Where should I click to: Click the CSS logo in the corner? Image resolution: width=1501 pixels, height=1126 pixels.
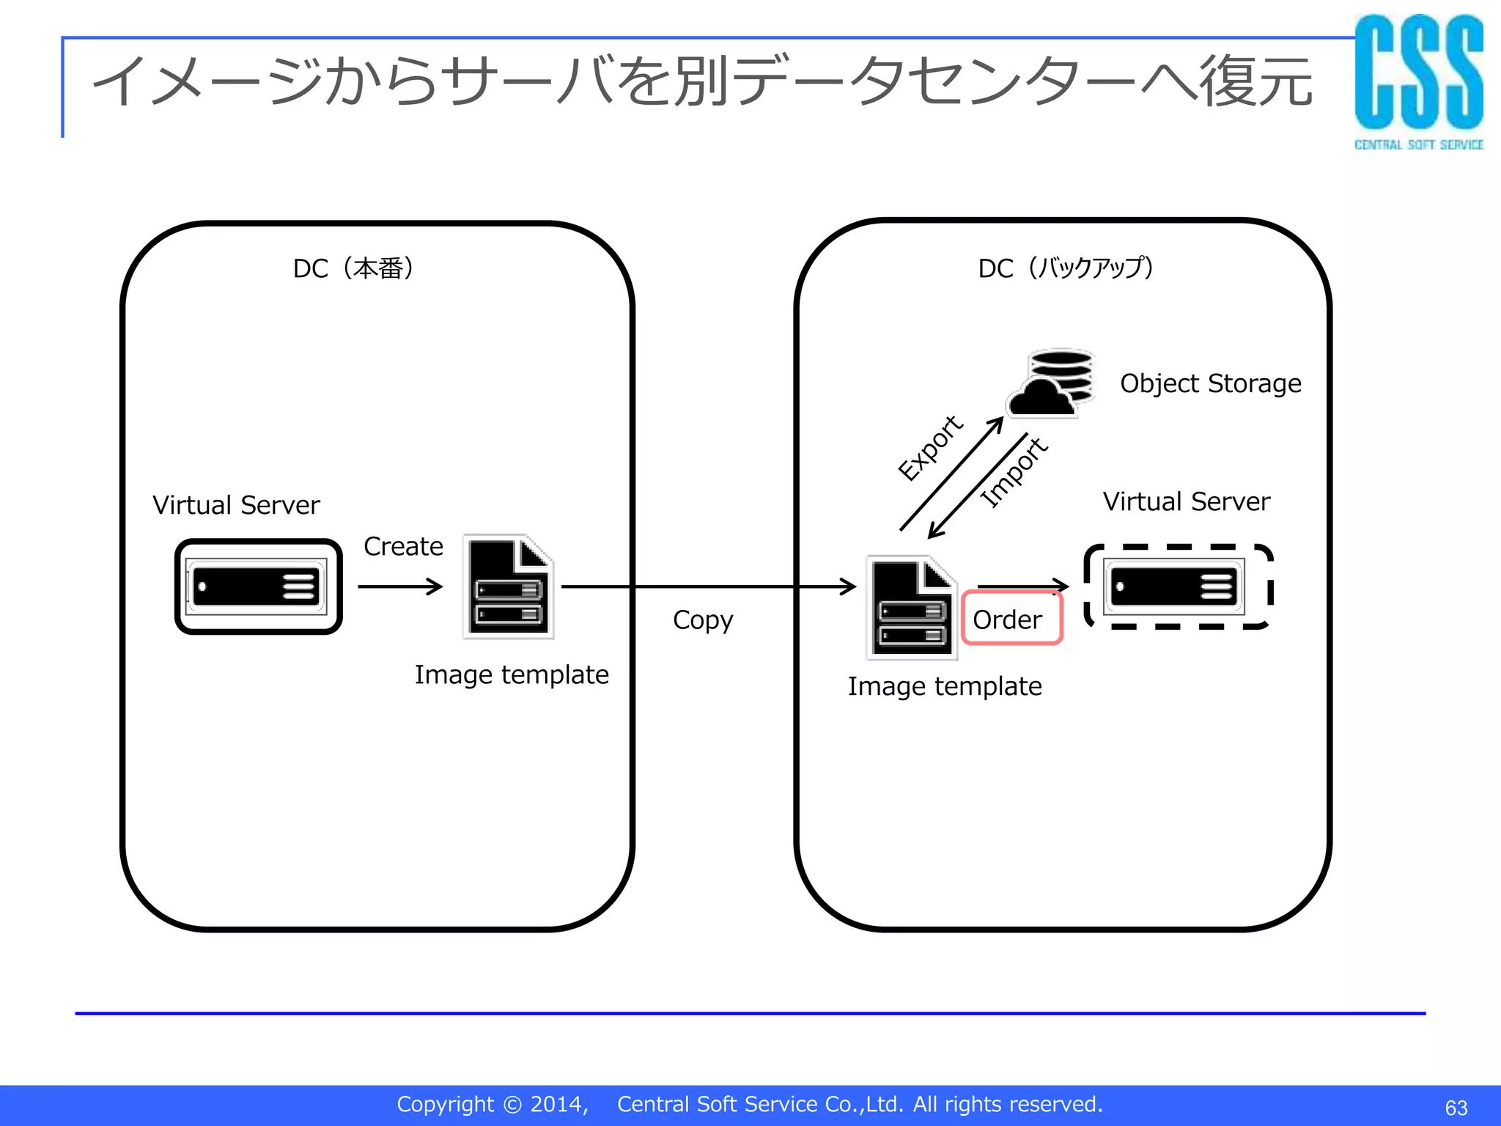coord(1418,81)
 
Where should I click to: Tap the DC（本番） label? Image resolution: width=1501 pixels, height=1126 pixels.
coord(353,268)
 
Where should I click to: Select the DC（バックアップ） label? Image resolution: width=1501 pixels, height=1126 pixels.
coord(1066,268)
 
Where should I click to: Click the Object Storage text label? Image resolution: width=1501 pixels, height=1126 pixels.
coord(1210,383)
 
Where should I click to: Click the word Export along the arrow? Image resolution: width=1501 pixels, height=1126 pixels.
coord(930,448)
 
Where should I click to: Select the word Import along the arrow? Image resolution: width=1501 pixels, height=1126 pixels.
coord(1014,472)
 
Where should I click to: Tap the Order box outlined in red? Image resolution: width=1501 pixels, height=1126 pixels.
coord(1011,619)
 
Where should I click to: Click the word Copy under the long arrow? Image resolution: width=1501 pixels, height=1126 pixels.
coord(702,620)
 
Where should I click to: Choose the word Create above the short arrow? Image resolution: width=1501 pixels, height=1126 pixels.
coord(403,546)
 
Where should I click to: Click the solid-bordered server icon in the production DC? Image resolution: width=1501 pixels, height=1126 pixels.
coord(258,586)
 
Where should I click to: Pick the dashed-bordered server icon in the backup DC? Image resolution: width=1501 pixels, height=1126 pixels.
coord(1178,586)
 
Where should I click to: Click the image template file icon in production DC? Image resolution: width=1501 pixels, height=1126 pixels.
coord(509,587)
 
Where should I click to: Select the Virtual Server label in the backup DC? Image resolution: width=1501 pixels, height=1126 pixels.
coord(1186,501)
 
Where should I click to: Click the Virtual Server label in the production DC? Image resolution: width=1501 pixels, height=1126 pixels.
coord(236,505)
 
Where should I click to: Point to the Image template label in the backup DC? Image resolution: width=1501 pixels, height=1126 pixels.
coord(944,686)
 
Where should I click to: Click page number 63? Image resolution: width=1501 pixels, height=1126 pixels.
coord(1456,1107)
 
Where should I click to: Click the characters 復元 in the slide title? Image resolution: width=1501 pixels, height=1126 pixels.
coord(1255,81)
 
